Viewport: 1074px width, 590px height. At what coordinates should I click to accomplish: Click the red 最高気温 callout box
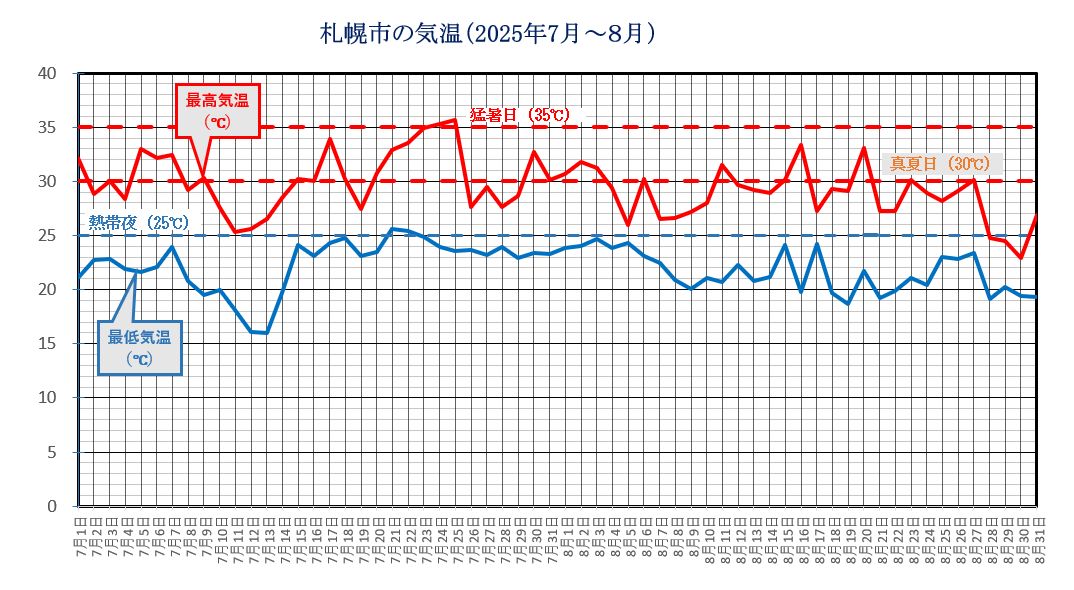217,110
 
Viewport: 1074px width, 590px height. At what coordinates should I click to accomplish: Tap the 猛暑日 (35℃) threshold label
520,115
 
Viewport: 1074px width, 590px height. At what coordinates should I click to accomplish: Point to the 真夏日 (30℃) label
940,163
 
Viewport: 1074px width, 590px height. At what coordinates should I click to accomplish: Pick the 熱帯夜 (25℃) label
138,222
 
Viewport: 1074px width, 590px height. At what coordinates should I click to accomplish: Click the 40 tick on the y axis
48,73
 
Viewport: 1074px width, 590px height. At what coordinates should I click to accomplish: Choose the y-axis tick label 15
48,344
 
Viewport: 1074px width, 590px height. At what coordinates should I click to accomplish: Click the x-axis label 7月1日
79,539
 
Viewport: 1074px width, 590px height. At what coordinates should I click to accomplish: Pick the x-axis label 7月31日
550,539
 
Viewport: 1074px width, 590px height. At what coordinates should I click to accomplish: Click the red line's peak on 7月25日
456,120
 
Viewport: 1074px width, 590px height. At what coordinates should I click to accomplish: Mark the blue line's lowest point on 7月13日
267,333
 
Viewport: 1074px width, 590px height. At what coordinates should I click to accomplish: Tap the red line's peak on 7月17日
330,139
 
